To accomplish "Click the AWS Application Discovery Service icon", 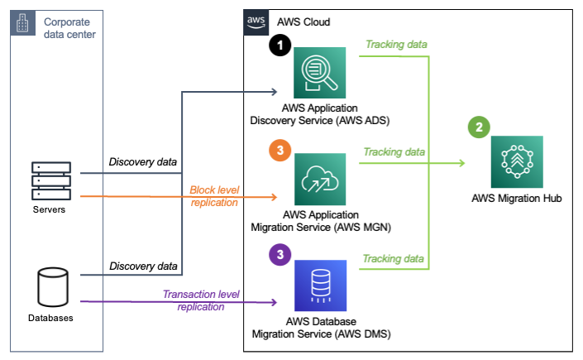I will pyautogui.click(x=320, y=74).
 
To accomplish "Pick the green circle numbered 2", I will pyautogui.click(x=478, y=127).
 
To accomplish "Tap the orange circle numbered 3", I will pyautogui.click(x=281, y=151).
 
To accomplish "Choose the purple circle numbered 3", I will pyautogui.click(x=281, y=255).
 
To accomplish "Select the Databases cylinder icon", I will pyautogui.click(x=51, y=286).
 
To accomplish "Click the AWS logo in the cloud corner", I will pyautogui.click(x=257, y=22).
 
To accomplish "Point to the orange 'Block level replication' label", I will pyautogui.click(x=214, y=195).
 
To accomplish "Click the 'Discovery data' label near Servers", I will pyautogui.click(x=143, y=161).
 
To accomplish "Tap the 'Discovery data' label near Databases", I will pyautogui.click(x=143, y=266).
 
